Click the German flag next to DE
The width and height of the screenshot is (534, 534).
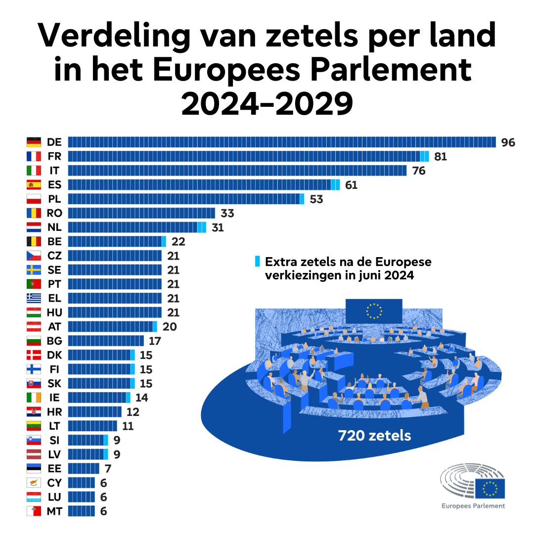(34, 142)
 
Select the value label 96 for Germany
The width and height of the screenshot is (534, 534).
(508, 142)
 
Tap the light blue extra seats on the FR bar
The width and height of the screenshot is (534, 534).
(424, 157)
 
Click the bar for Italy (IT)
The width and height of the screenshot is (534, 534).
(237, 171)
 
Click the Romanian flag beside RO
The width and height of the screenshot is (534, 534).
(34, 214)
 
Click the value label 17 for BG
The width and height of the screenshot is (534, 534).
(155, 341)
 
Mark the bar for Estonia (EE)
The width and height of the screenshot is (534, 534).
(83, 469)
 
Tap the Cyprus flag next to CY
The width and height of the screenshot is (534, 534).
(34, 483)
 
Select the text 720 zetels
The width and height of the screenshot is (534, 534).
(374, 436)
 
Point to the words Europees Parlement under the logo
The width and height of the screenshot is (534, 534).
(473, 506)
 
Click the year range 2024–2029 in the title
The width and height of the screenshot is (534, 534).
(267, 103)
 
